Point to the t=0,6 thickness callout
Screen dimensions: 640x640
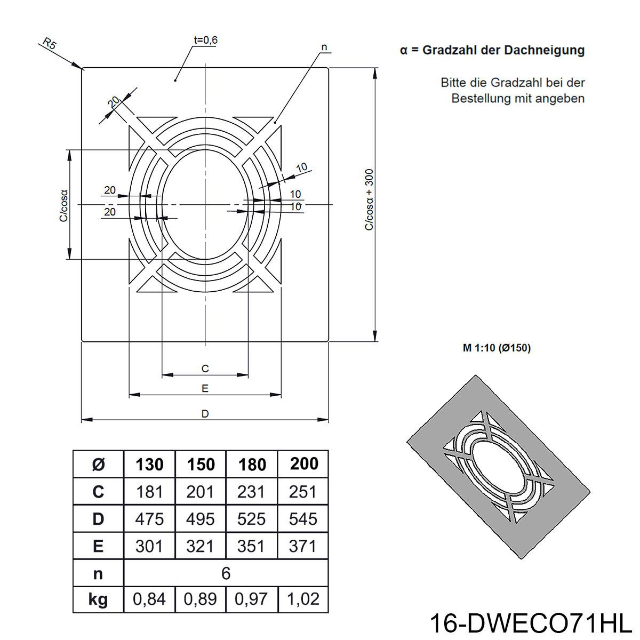click(x=205, y=40)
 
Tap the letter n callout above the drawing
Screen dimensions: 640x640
click(x=324, y=47)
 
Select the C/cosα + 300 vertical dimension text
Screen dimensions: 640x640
click(x=369, y=199)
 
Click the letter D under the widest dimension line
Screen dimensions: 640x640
click(x=205, y=414)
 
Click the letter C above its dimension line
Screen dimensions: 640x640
click(x=205, y=369)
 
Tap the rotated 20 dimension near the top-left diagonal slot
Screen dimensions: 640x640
click(x=114, y=102)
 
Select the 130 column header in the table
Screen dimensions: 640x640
click(x=149, y=465)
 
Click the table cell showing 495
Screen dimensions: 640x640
click(x=201, y=519)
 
